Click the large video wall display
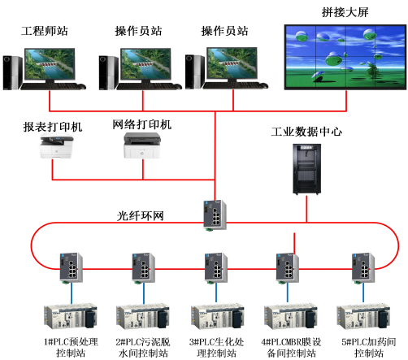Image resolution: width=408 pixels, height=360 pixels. pyautogui.click(x=345, y=57)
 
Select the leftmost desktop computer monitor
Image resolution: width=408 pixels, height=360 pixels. pyautogui.click(x=50, y=64)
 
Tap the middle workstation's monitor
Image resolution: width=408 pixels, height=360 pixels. pyautogui.click(x=145, y=64)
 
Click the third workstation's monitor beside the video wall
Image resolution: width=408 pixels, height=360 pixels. pyautogui.click(x=232, y=64)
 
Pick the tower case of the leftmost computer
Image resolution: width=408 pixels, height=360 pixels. pyautogui.click(x=11, y=72)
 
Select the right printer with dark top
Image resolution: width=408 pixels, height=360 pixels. pyautogui.click(x=141, y=145)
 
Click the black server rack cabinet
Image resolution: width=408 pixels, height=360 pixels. pyautogui.click(x=306, y=168)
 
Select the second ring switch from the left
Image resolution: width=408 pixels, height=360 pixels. pyautogui.click(x=142, y=267)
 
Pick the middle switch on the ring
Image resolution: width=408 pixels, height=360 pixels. pyautogui.click(x=215, y=267)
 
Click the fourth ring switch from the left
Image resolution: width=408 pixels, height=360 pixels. pyautogui.click(x=287, y=267)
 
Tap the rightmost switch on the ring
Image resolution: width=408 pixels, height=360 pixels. pyautogui.click(x=361, y=267)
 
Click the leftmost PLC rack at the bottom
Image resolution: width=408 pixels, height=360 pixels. pyautogui.click(x=71, y=316)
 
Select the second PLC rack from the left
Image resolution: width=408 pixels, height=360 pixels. pyautogui.click(x=143, y=316)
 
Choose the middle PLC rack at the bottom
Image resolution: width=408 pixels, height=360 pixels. pyautogui.click(x=217, y=316)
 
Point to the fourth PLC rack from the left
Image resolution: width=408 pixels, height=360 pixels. pyautogui.click(x=290, y=316)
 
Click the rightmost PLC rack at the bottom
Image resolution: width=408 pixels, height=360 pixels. pyautogui.click(x=362, y=316)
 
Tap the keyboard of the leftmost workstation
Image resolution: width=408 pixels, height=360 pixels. pyautogui.click(x=57, y=85)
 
